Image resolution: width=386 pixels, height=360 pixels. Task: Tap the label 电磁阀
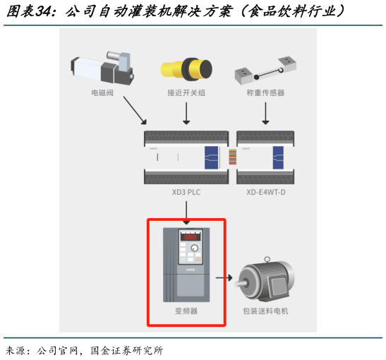(x=102, y=92)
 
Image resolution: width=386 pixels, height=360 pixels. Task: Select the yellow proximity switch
(x=186, y=69)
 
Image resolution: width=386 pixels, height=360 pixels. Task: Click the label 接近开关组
(x=186, y=92)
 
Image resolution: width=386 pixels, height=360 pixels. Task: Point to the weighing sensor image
(x=265, y=69)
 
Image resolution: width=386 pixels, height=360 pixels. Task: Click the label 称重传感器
(x=265, y=92)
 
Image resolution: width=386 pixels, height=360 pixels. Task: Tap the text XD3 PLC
(x=186, y=191)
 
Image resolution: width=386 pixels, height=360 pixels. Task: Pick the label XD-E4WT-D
(x=265, y=191)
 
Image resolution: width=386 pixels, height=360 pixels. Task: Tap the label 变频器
(x=186, y=311)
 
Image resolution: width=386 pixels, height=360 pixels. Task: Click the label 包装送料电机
(x=265, y=311)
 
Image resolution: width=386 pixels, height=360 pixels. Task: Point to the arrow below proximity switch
(x=186, y=112)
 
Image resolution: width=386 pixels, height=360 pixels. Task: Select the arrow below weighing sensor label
(x=265, y=112)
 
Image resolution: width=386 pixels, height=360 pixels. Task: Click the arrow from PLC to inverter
(x=186, y=209)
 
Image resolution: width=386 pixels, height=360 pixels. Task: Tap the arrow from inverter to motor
(x=223, y=277)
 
